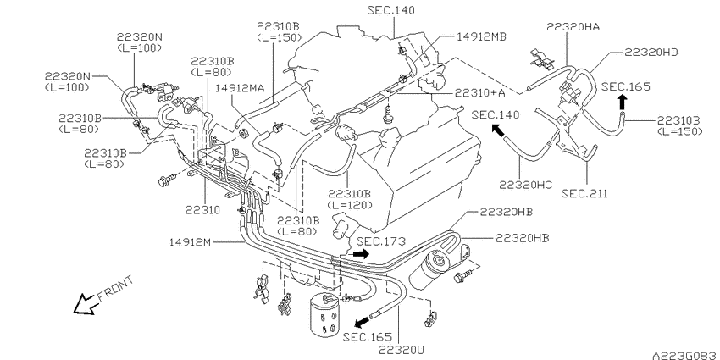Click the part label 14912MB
[x=481, y=37]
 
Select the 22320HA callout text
[x=573, y=27]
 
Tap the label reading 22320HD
[x=651, y=53]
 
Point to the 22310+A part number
[x=479, y=93]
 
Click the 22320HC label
[x=526, y=185]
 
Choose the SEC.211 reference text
[x=585, y=194]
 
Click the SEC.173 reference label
[x=381, y=241]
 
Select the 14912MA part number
[x=240, y=88]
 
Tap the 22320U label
[x=402, y=350]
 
